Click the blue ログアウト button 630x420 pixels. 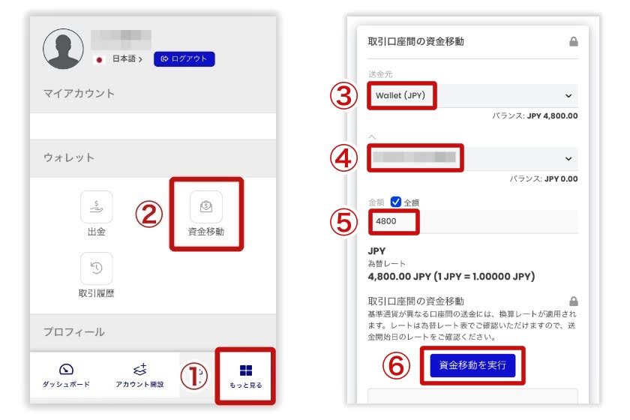tap(184, 58)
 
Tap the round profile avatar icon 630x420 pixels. tap(64, 49)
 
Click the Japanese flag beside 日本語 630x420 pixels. tap(98, 58)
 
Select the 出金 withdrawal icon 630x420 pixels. tap(97, 207)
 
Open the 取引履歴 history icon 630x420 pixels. tap(97, 268)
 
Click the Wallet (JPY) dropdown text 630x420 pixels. tap(400, 96)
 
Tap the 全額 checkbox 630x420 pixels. tap(396, 201)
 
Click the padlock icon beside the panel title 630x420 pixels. tap(574, 42)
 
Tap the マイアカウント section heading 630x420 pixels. tap(79, 94)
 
